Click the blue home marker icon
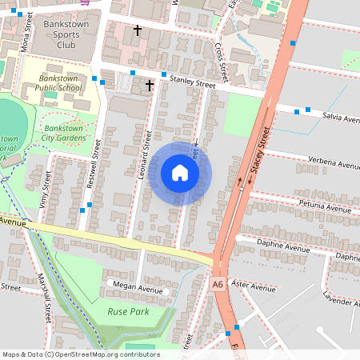pyautogui.click(x=180, y=173)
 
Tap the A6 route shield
pyautogui.click(x=218, y=283)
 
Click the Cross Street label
pyautogui.click(x=222, y=59)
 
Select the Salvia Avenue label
pyautogui.click(x=341, y=117)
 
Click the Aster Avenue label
pyautogui.click(x=252, y=284)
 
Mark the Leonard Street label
pyautogui.click(x=146, y=154)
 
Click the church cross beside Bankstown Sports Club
pyautogui.click(x=137, y=30)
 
